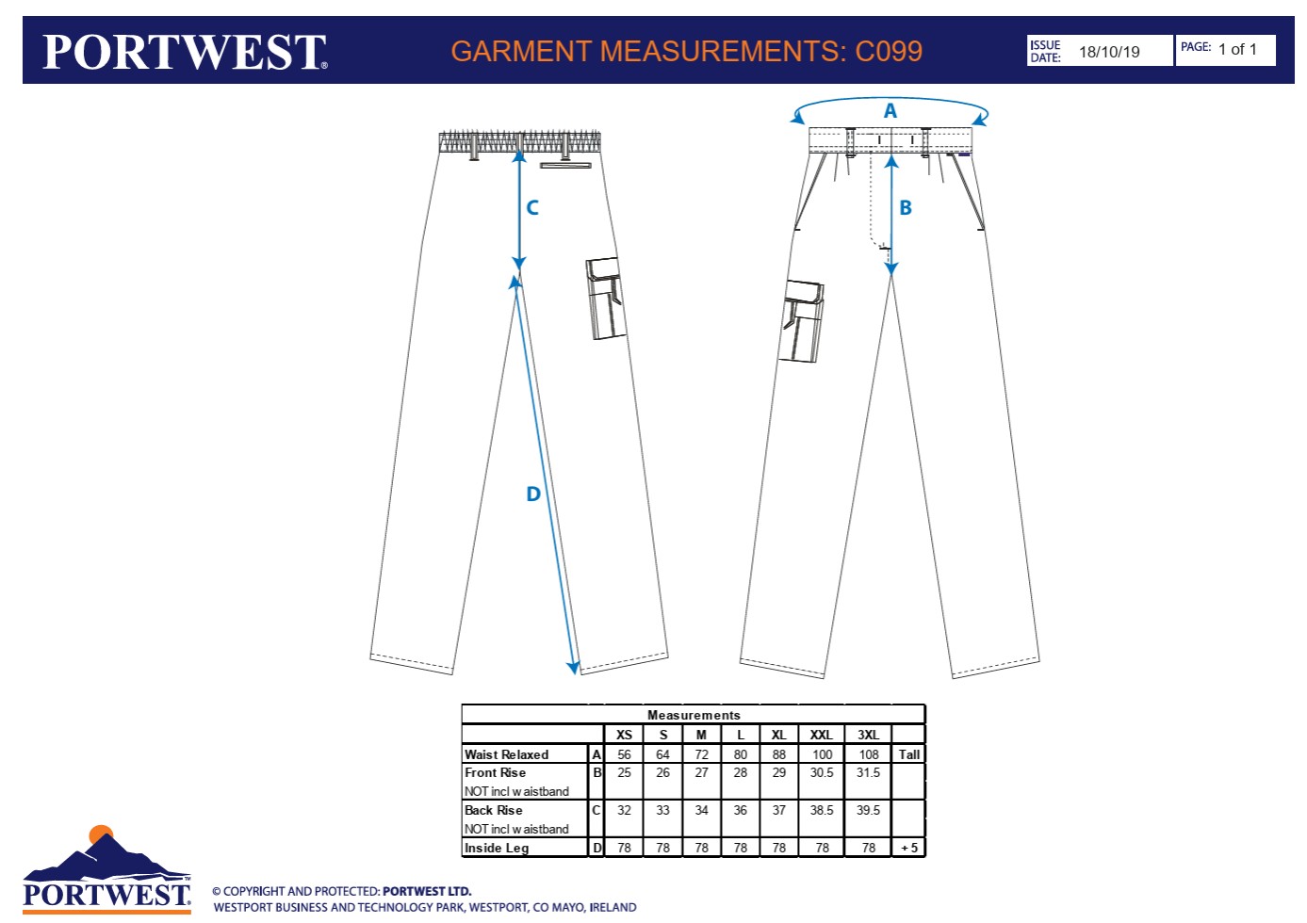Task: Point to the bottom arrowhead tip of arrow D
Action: (x=576, y=674)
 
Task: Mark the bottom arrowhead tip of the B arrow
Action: (x=891, y=275)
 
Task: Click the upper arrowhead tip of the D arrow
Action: (x=515, y=276)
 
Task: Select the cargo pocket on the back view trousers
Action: (x=606, y=298)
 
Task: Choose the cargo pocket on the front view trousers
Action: (x=801, y=321)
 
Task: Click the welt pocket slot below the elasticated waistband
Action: (x=565, y=166)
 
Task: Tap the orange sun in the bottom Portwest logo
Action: (x=101, y=834)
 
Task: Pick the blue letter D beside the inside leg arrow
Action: (x=533, y=494)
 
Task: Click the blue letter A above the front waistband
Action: (x=890, y=110)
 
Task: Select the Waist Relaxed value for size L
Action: (x=740, y=754)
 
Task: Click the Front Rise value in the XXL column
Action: (x=822, y=772)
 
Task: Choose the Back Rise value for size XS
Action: (x=624, y=810)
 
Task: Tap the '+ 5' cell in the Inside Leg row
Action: (x=909, y=848)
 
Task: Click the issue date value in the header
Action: (x=1109, y=52)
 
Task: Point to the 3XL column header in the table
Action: (x=868, y=735)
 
